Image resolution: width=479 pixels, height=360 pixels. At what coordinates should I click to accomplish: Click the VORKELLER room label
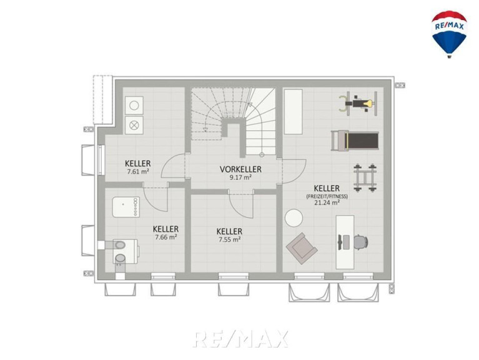[x=240, y=169]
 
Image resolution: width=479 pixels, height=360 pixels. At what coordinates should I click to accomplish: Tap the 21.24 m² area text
[x=327, y=202]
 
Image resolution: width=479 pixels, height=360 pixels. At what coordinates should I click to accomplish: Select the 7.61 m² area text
[x=138, y=172]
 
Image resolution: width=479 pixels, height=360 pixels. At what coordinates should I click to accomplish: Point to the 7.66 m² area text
[x=166, y=237]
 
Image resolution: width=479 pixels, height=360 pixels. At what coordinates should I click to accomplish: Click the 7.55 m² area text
[x=229, y=239]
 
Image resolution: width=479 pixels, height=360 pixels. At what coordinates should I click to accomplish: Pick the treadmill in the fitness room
[x=355, y=141]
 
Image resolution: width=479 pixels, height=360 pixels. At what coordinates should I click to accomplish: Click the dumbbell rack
[x=365, y=178]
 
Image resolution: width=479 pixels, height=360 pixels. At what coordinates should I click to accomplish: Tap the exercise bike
[x=358, y=104]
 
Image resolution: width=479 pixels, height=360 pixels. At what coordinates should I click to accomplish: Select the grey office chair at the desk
[x=361, y=242]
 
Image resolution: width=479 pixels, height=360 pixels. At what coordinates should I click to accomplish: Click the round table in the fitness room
[x=294, y=218]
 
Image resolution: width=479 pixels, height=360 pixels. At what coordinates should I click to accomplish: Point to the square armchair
[x=302, y=249]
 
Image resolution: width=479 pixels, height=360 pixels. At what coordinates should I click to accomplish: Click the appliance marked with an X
[x=134, y=125]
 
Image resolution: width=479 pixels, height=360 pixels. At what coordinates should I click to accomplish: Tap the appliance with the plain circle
[x=134, y=106]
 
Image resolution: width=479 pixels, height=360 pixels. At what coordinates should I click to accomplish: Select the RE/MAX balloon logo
[x=449, y=34]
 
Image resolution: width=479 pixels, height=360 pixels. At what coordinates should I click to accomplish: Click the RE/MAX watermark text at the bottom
[x=240, y=339]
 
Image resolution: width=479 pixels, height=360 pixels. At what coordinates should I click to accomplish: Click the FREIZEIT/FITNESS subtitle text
[x=327, y=196]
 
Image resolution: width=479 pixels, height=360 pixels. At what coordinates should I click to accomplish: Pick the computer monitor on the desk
[x=340, y=242]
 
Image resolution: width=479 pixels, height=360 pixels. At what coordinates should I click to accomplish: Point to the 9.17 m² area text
[x=240, y=177]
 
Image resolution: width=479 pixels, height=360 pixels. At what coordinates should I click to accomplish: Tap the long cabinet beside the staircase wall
[x=294, y=111]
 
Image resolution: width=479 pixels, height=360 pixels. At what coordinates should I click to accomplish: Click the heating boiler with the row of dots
[x=126, y=207]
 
